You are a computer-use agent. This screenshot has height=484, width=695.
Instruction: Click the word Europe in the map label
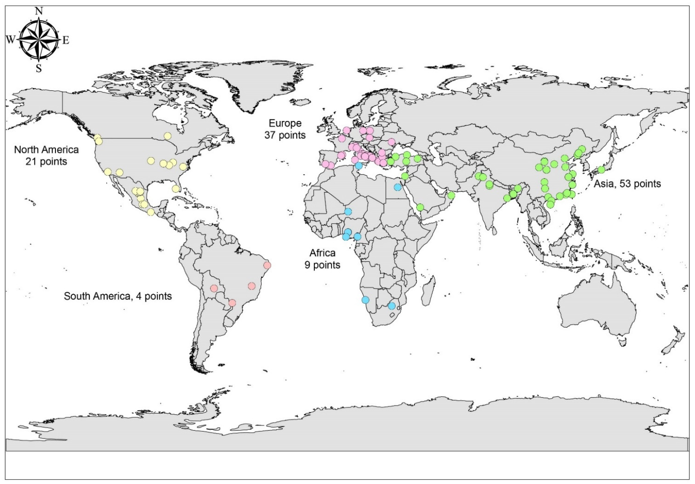pyautogui.click(x=285, y=123)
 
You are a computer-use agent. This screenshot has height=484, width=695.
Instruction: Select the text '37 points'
pyautogui.click(x=285, y=135)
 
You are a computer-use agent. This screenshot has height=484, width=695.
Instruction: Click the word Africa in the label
pyautogui.click(x=322, y=253)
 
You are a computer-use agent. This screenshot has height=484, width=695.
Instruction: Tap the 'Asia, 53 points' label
pyautogui.click(x=627, y=183)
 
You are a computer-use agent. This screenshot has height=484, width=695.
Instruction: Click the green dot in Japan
pyautogui.click(x=601, y=170)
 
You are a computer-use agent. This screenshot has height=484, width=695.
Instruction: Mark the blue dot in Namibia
pyautogui.click(x=365, y=300)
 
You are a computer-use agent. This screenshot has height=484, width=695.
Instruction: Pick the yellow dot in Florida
pyautogui.click(x=175, y=189)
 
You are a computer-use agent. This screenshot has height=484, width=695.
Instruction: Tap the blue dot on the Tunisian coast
pyautogui.click(x=359, y=166)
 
